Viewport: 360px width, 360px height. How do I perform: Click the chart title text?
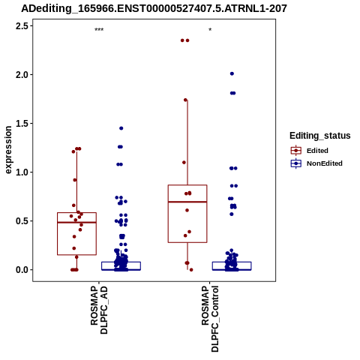pos(154,8)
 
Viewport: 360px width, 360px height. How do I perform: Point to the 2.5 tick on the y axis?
pos(22,26)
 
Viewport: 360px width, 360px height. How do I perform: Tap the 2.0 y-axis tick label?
pos(22,75)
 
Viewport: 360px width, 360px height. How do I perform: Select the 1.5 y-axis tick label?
pos(22,124)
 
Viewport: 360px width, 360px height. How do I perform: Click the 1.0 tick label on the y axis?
pos(22,172)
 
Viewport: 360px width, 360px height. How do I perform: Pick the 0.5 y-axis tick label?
pos(22,221)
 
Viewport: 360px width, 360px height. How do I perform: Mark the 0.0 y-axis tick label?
pos(22,270)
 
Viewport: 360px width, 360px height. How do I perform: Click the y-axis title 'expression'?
pos(8,150)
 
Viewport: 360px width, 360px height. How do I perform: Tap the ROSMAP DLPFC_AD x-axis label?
pos(99,310)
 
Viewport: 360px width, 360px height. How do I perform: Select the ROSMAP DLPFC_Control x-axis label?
pos(210,319)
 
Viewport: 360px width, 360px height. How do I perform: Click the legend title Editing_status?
pos(320,136)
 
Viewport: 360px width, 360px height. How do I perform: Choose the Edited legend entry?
pos(317,151)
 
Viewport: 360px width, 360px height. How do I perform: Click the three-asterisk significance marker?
pos(99,30)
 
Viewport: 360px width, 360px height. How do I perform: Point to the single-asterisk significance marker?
pos(210,30)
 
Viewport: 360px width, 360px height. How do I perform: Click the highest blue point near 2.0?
pos(232,73)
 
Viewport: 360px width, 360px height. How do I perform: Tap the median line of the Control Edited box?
pos(187,202)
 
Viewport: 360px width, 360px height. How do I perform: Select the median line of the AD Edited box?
pos(76,222)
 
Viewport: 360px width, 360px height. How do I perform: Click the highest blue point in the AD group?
pos(121,128)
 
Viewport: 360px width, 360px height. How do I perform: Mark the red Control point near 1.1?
pos(184,163)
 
